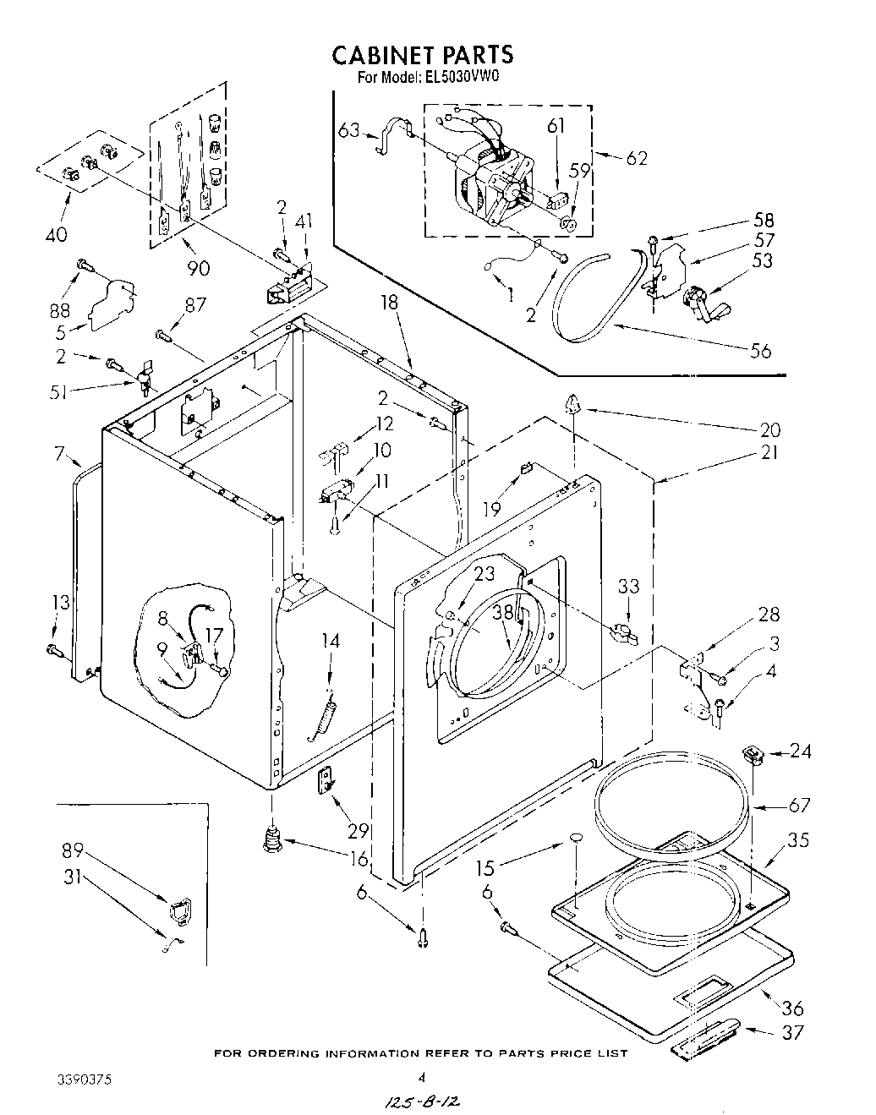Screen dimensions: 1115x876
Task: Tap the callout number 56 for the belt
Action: click(x=760, y=349)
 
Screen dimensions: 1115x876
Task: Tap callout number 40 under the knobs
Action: click(x=57, y=234)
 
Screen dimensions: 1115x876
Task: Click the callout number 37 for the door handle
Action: click(x=793, y=1031)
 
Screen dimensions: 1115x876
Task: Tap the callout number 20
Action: click(x=769, y=429)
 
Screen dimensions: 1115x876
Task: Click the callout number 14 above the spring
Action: click(x=330, y=642)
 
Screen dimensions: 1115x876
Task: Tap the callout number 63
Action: click(x=349, y=130)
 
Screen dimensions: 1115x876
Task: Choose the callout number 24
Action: click(x=801, y=750)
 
